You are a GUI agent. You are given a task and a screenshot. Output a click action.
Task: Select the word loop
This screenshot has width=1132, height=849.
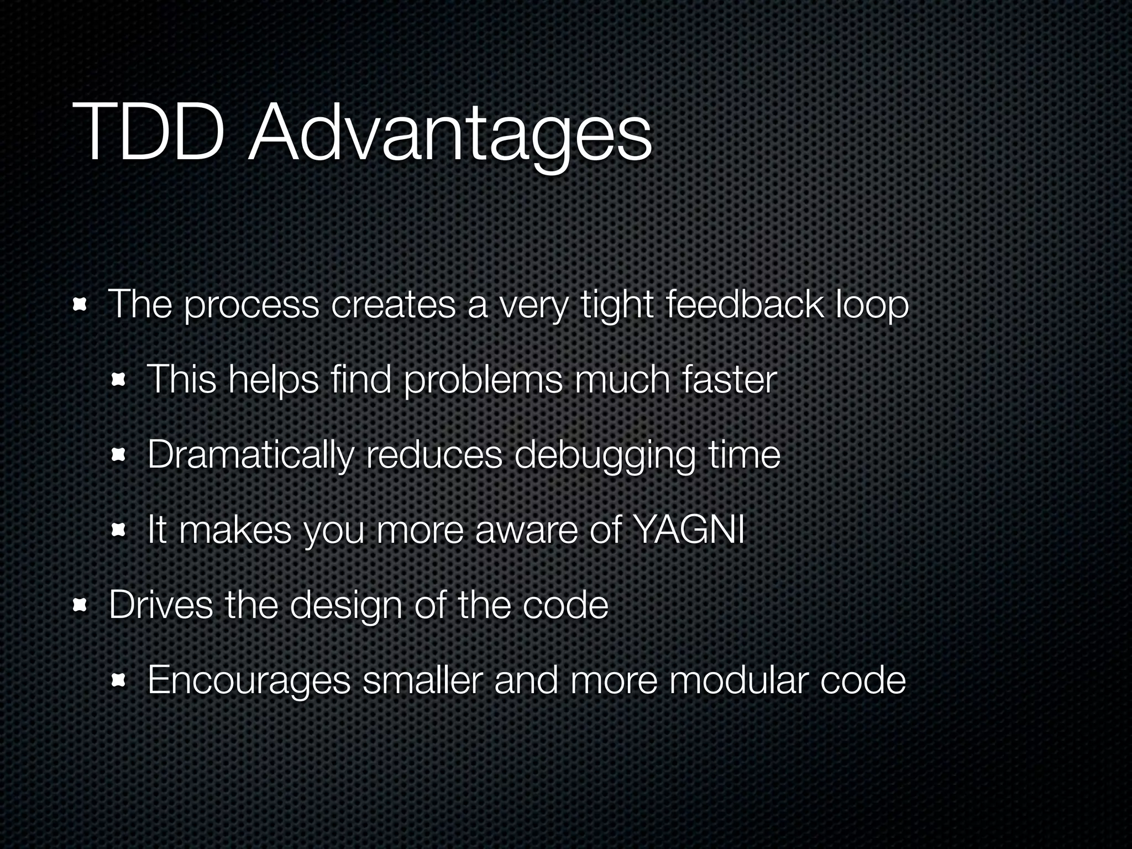coord(872,306)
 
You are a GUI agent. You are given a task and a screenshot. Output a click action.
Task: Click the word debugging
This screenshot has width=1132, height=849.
coord(605,457)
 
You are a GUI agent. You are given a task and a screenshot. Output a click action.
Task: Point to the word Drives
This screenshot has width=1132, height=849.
coord(160,605)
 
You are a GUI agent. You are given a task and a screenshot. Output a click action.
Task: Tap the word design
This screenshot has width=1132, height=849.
coord(346,606)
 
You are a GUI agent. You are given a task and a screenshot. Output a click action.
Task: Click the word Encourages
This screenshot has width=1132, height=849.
coord(249,681)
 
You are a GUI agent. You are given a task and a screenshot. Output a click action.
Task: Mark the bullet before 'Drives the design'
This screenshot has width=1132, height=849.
coord(81,606)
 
